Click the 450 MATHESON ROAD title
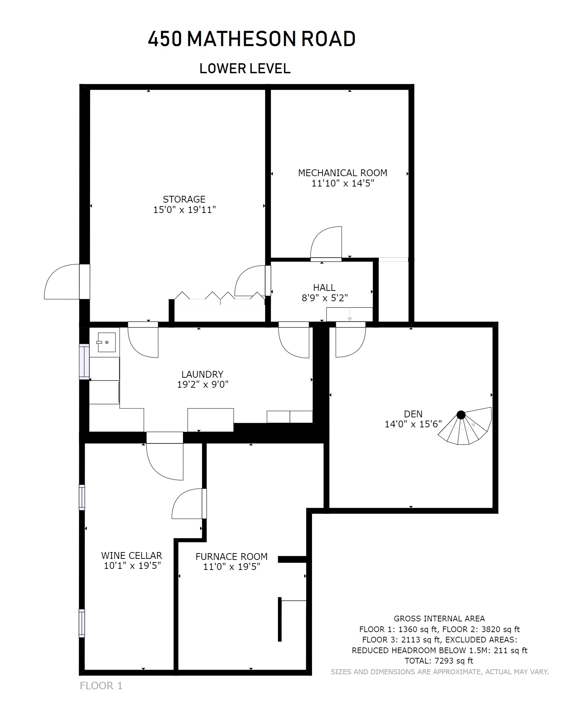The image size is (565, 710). [252, 39]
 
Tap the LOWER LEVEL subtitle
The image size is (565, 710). [245, 69]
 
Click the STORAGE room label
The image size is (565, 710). [184, 199]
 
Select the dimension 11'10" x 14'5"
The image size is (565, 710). [343, 183]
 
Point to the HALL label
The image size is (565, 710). [324, 287]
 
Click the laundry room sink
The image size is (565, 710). [106, 342]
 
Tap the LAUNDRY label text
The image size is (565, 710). [202, 374]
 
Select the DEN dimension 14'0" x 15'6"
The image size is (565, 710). [413, 424]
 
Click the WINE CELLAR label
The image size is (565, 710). [132, 555]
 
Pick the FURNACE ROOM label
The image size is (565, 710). [231, 556]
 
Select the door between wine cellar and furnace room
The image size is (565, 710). [189, 504]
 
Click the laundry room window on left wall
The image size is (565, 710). [84, 362]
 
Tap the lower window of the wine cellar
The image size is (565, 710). [82, 623]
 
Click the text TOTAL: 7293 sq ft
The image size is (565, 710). [439, 661]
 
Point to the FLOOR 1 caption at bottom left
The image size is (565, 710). [101, 686]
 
